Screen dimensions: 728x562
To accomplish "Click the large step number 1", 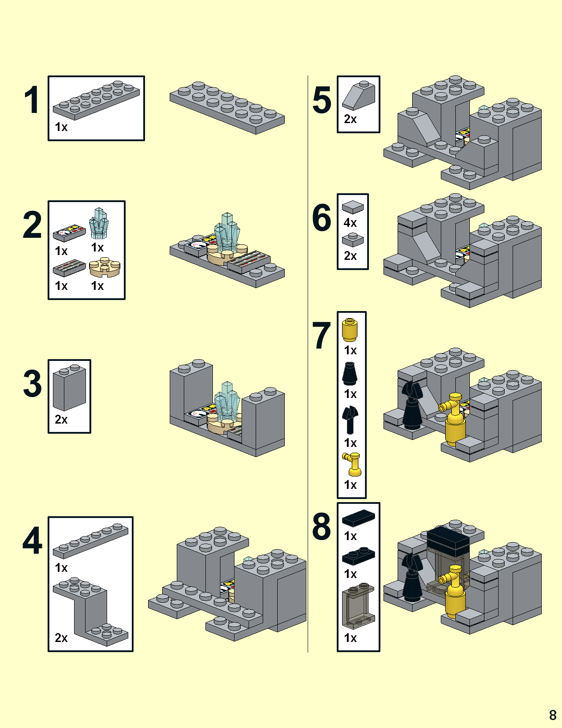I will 32,100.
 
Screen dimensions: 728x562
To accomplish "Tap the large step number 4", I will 32,540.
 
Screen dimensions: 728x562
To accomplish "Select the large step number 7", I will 321,336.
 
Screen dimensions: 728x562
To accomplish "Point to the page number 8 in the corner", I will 552,714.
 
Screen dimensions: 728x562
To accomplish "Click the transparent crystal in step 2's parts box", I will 99,224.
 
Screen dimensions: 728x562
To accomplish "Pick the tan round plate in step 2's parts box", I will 104,267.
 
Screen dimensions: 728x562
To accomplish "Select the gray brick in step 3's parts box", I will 69,387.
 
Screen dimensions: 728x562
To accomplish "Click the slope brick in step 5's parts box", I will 358,96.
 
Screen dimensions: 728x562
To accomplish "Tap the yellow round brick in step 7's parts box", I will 350,330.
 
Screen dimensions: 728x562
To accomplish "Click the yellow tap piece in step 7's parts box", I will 352,464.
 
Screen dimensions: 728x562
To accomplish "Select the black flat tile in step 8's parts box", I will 358,518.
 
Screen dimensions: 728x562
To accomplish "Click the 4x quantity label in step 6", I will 350,223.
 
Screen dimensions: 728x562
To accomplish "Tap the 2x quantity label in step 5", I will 350,119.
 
